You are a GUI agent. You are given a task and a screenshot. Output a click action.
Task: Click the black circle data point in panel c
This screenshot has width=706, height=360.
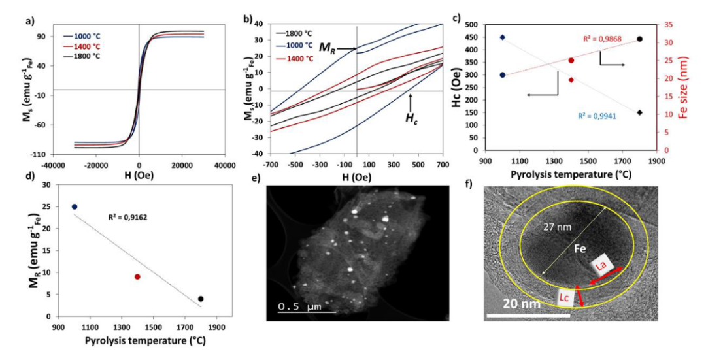click(639, 39)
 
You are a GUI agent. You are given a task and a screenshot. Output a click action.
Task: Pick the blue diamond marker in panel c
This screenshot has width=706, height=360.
click(502, 37)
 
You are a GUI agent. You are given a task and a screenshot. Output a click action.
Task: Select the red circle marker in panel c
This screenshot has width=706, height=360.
click(571, 60)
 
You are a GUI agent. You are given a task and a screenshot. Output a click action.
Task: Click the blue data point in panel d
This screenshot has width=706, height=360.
click(75, 206)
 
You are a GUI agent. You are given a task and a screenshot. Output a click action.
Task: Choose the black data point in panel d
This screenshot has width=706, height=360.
click(201, 299)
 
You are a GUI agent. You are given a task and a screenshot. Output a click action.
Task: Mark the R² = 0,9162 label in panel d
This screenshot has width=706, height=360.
click(127, 213)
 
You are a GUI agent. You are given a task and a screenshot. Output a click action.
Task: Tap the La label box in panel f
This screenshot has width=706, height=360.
click(602, 265)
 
